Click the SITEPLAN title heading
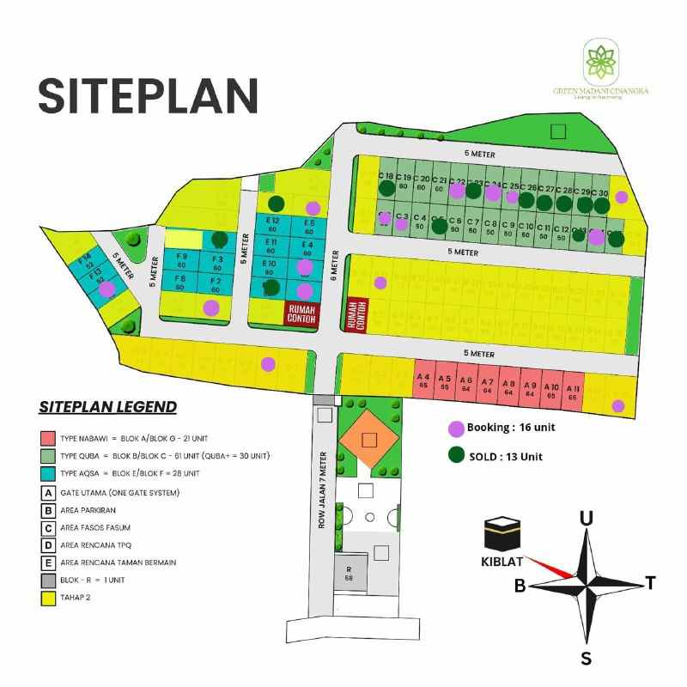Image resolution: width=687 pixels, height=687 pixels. [x=148, y=94]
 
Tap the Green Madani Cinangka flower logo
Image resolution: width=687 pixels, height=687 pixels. [x=601, y=59]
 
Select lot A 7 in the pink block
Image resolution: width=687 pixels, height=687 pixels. [x=487, y=384]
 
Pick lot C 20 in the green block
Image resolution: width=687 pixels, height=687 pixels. [x=423, y=182]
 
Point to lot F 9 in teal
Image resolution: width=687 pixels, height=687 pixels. [x=181, y=261]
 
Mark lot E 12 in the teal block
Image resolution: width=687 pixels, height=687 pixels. [x=271, y=226]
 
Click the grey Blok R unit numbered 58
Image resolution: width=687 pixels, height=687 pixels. [x=350, y=574]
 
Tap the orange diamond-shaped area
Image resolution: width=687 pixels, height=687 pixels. [x=369, y=440]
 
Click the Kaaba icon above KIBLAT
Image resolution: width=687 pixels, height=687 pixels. [x=503, y=536]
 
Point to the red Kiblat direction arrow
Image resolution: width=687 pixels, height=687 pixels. [x=550, y=567]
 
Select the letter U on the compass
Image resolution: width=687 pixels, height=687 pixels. [x=587, y=518]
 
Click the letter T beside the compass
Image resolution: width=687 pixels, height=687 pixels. [x=651, y=584]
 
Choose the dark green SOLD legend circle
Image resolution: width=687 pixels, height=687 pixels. [x=456, y=456]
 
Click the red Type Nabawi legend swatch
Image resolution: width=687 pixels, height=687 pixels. [x=48, y=436]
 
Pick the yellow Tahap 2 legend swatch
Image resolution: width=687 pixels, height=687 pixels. [x=48, y=598]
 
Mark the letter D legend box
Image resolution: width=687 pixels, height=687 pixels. [x=48, y=544]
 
